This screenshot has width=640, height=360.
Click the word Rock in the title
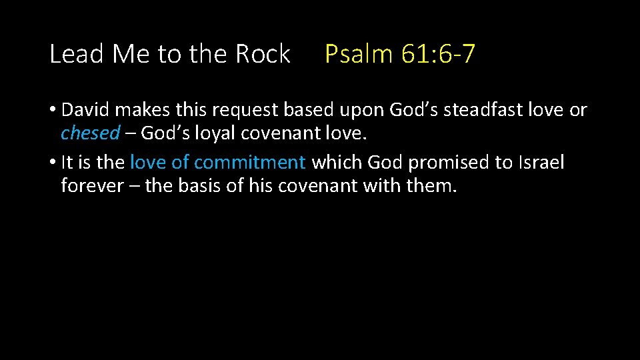(263, 54)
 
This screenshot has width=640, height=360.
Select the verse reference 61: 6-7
(439, 54)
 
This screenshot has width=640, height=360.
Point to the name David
(88, 110)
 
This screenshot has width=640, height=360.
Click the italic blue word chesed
(90, 133)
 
